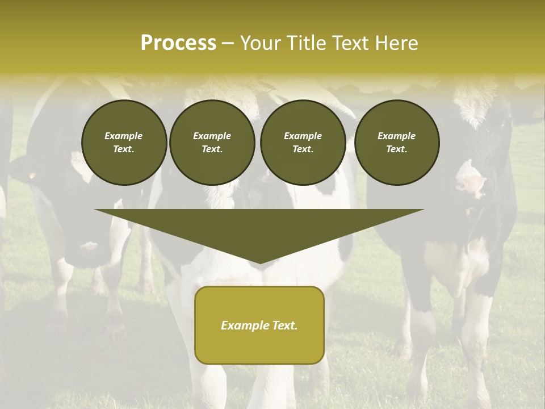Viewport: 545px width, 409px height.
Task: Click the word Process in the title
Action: click(178, 43)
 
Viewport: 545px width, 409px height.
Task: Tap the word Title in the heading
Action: click(307, 43)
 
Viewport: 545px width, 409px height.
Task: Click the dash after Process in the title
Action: click(228, 43)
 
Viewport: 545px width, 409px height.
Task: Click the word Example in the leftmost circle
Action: click(124, 136)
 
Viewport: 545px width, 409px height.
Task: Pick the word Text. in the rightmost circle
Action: click(397, 149)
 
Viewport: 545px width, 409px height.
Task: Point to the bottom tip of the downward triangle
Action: click(259, 262)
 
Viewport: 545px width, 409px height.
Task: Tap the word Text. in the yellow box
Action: click(283, 325)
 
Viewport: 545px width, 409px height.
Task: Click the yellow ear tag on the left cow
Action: click(32, 176)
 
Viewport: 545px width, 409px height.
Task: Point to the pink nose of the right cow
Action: click(471, 184)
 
